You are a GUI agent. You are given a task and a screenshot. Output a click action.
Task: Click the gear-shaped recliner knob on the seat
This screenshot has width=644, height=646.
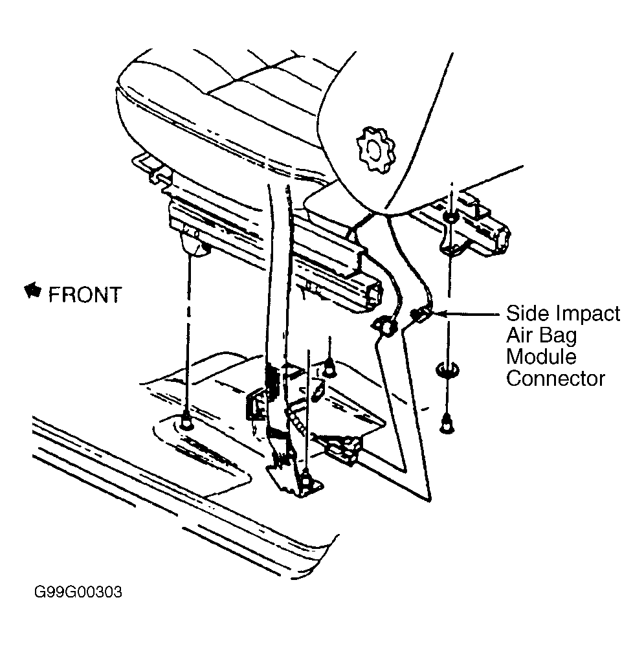coord(375,150)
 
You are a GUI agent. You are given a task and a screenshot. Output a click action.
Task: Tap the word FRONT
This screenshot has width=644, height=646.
coord(85,295)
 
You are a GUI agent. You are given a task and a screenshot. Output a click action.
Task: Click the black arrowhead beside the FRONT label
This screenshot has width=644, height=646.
coord(33,291)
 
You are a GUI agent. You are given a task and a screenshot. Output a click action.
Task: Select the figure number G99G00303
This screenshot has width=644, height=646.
coord(78,592)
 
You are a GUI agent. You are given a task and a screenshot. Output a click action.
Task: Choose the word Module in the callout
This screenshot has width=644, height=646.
coord(541,357)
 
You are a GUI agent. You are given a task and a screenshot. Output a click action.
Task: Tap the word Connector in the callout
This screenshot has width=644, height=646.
coord(555,378)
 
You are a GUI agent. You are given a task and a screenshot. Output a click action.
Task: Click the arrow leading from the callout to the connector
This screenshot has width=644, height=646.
coord(465,314)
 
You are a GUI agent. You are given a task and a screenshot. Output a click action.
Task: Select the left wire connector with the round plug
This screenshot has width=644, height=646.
coord(385,326)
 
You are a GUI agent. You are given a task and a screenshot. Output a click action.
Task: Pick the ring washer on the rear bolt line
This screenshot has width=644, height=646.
coord(447,369)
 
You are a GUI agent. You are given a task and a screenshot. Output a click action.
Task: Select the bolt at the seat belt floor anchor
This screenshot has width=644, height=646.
coord(305,480)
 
